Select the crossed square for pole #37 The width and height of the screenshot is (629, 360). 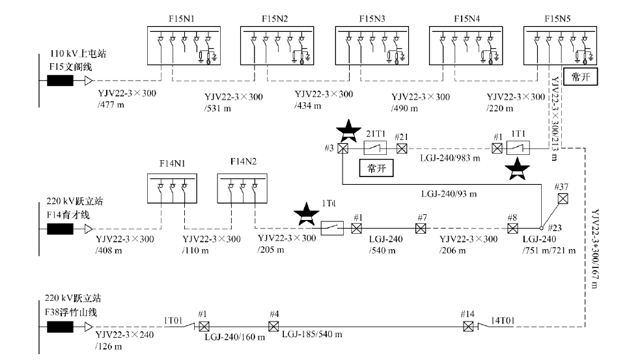(563, 199)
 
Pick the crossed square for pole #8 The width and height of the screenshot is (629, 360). (512, 228)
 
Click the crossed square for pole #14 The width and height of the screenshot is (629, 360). (467, 325)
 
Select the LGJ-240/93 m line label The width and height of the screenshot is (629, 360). (449, 193)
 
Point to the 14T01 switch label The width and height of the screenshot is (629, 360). (503, 320)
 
